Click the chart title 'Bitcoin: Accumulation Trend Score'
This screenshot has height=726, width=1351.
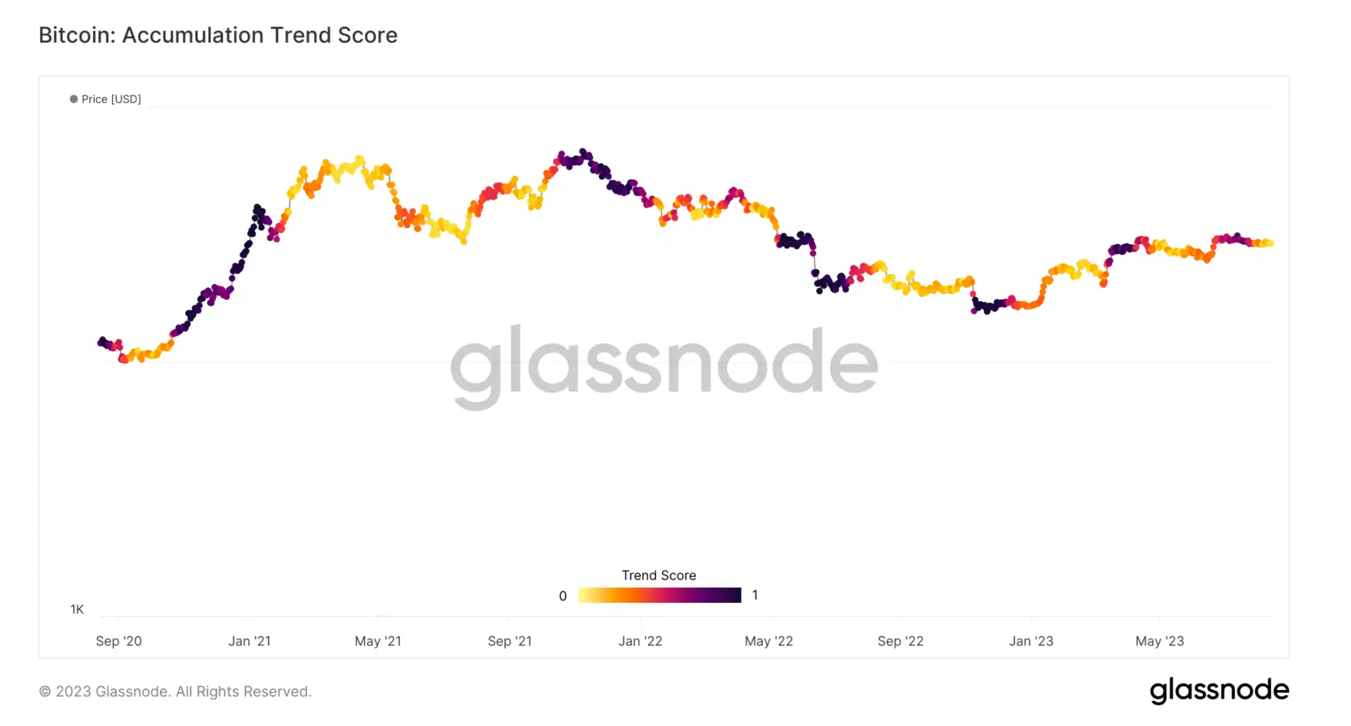(x=218, y=35)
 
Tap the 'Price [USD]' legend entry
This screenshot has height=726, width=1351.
(x=111, y=99)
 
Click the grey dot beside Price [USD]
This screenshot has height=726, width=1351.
(x=74, y=99)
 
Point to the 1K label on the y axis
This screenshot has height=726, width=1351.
(x=77, y=610)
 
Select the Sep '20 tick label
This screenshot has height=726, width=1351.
(x=119, y=641)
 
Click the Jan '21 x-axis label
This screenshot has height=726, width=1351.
(x=249, y=641)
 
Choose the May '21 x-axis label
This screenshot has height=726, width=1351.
(x=378, y=641)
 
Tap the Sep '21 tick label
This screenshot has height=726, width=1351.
(x=509, y=641)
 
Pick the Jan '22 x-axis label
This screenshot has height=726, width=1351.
(x=640, y=641)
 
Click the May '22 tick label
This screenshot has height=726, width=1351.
(x=769, y=641)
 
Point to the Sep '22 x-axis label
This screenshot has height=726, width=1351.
(x=900, y=641)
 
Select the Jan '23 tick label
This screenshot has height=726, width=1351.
(x=1031, y=641)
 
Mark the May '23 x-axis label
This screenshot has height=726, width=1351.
(x=1159, y=641)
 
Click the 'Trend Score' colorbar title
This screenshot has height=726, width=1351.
(x=659, y=575)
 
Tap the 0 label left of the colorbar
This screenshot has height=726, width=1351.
(x=563, y=596)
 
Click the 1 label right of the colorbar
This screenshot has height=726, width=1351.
(x=754, y=595)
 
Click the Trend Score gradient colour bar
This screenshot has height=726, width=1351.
(x=659, y=595)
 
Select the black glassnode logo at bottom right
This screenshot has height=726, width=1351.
(x=1219, y=691)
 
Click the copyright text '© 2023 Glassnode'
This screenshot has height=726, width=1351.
(x=175, y=691)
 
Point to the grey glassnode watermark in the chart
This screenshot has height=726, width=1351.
(x=664, y=365)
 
